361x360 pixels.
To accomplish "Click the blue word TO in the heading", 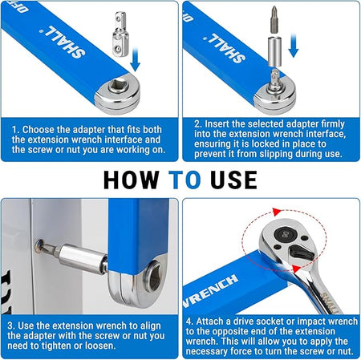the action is pos(185,180).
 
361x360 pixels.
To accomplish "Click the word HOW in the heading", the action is pos(131,180).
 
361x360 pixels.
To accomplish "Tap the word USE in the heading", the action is pos(233,180).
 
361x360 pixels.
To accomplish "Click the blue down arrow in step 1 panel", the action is pos(136,59).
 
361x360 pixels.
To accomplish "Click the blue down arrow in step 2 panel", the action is pos(294,45).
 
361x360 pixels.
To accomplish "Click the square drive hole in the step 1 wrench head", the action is pos(119,86).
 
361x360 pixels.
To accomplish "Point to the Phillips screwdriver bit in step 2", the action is pos(274,20).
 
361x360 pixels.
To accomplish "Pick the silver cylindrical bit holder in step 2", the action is pos(274,51).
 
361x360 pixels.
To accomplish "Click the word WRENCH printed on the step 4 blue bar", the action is pos(210,291).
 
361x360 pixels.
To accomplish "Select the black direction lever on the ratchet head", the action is pos(301,252).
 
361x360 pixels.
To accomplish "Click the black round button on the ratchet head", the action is pos(285,235).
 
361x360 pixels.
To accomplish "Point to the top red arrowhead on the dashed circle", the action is pos(277,212).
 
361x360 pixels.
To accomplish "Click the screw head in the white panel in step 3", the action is pos(39,245).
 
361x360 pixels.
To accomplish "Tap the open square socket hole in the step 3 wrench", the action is pos(155,278).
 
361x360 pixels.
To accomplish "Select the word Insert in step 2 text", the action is pos(217,124).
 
